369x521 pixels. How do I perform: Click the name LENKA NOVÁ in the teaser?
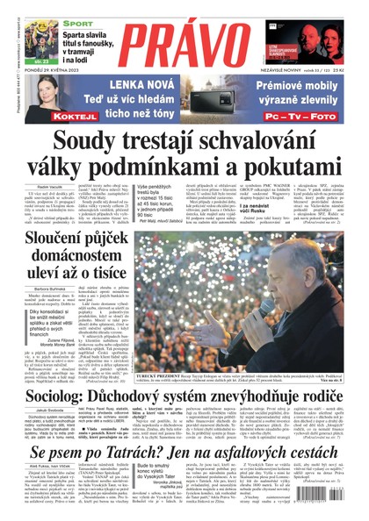(140, 84)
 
